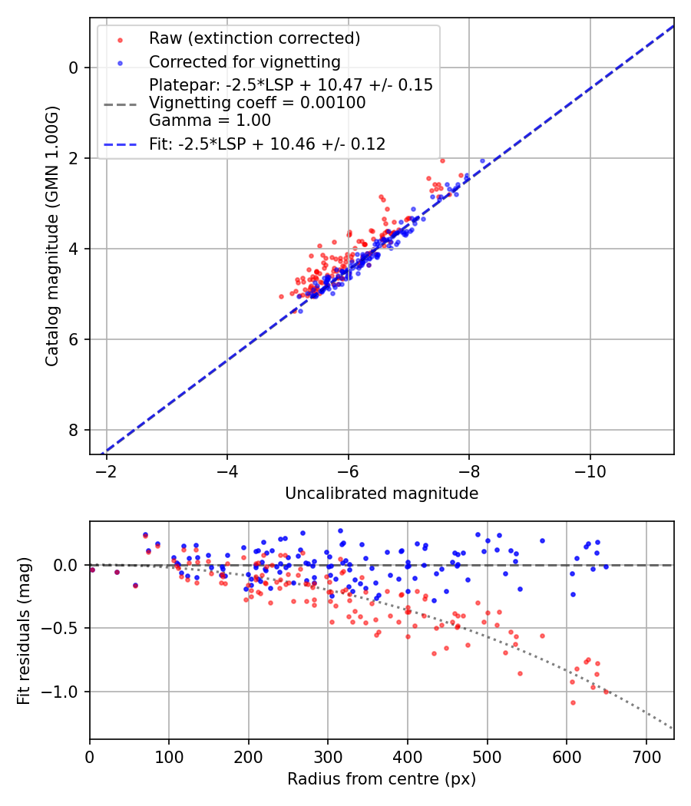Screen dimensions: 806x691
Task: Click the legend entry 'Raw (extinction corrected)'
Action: point(254,38)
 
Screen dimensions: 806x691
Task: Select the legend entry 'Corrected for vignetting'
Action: point(244,61)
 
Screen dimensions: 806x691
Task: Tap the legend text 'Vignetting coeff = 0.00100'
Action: point(257,103)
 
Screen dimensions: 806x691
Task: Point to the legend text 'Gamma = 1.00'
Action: point(210,121)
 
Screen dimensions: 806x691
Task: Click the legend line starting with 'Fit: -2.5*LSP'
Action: point(267,144)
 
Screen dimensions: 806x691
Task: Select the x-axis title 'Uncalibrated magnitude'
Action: point(382,494)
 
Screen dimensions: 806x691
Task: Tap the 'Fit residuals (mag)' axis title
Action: point(24,631)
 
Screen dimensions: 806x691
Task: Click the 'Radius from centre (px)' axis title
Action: point(382,779)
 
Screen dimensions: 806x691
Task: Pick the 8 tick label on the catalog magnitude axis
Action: point(74,430)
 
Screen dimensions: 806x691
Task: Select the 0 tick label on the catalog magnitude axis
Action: point(74,68)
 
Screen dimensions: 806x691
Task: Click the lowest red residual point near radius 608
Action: point(573,702)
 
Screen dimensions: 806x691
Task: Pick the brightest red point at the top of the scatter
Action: point(442,160)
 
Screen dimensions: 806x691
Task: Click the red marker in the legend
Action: point(120,38)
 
